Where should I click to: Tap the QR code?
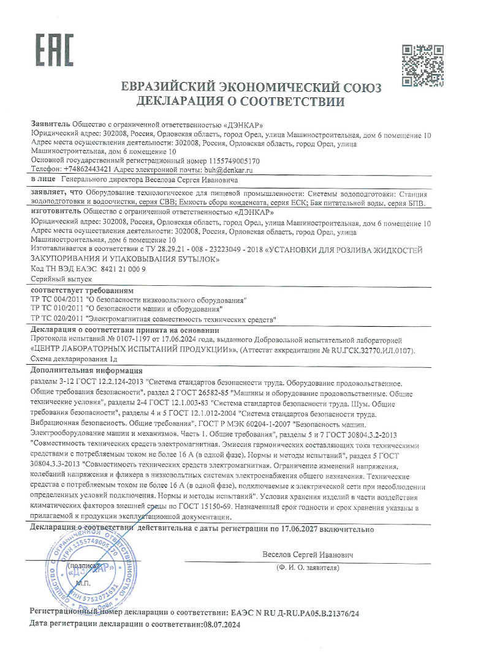pos(422,65)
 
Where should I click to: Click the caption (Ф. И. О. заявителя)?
pos(308,568)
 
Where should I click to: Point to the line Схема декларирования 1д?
pos(69,360)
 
